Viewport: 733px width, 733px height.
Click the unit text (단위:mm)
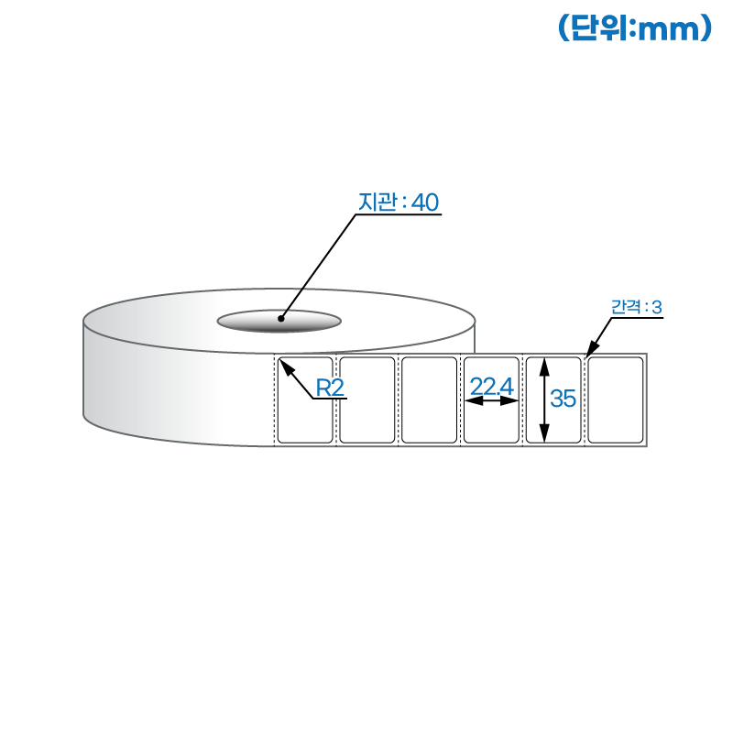click(x=635, y=28)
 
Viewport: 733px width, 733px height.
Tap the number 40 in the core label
click(x=425, y=202)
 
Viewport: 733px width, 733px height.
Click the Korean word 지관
click(x=377, y=202)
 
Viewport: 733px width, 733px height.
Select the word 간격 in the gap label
click(x=626, y=307)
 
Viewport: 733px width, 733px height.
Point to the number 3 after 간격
click(x=657, y=307)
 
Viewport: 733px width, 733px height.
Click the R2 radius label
click(x=330, y=388)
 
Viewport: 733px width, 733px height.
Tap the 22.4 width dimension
click(x=492, y=387)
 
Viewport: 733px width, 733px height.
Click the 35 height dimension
click(x=563, y=399)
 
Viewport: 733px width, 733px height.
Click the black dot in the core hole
click(x=281, y=319)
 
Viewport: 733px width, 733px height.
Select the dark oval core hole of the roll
click(x=279, y=321)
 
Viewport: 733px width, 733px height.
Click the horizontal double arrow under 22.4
click(x=492, y=401)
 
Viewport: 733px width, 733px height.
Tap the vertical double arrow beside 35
click(x=544, y=399)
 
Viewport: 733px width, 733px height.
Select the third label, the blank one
click(x=429, y=400)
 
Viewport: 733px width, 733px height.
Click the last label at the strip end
click(x=615, y=400)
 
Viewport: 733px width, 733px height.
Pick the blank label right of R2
click(x=367, y=400)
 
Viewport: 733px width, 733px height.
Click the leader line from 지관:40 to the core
click(x=318, y=267)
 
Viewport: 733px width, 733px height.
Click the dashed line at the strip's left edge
click(x=274, y=400)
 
